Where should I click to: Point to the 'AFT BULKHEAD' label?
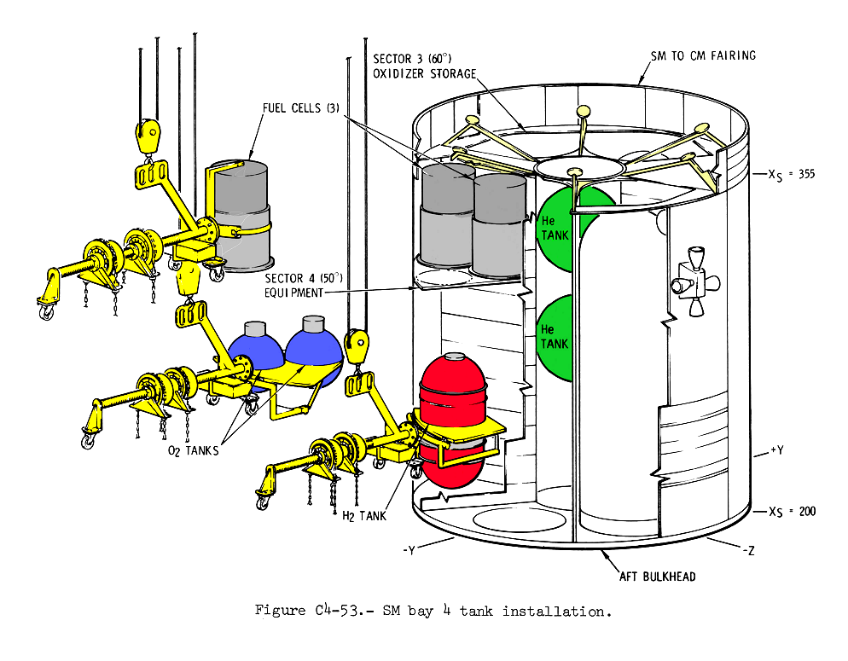(x=656, y=577)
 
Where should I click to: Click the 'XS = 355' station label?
(x=793, y=174)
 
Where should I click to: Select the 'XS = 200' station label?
(x=793, y=512)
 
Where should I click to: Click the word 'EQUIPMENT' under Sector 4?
(x=293, y=292)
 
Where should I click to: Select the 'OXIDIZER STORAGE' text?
(x=424, y=73)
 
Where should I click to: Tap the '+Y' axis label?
(x=775, y=449)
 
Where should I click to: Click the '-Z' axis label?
(x=744, y=551)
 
